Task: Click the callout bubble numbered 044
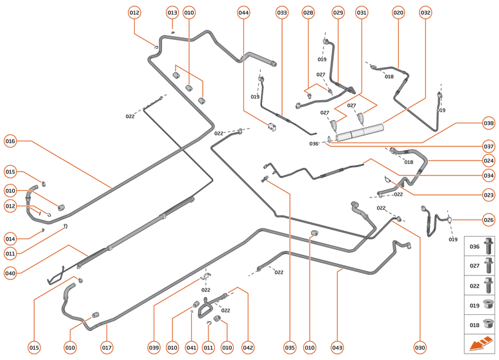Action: pos(243,12)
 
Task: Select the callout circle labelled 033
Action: pos(282,12)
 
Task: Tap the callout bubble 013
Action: pos(172,12)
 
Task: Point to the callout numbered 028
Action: pos(308,12)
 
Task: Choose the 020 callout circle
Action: pos(398,12)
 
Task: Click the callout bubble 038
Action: pos(489,123)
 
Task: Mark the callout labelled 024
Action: pos(489,160)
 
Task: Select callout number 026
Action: pos(489,220)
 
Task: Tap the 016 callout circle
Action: pos(10,141)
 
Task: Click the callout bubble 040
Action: pos(10,273)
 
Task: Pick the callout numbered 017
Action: pos(107,348)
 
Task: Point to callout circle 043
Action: pos(338,348)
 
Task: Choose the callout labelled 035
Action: pos(289,348)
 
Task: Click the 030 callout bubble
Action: pos(420,348)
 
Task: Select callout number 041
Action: pos(190,348)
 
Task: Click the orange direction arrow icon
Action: pos(480,344)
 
